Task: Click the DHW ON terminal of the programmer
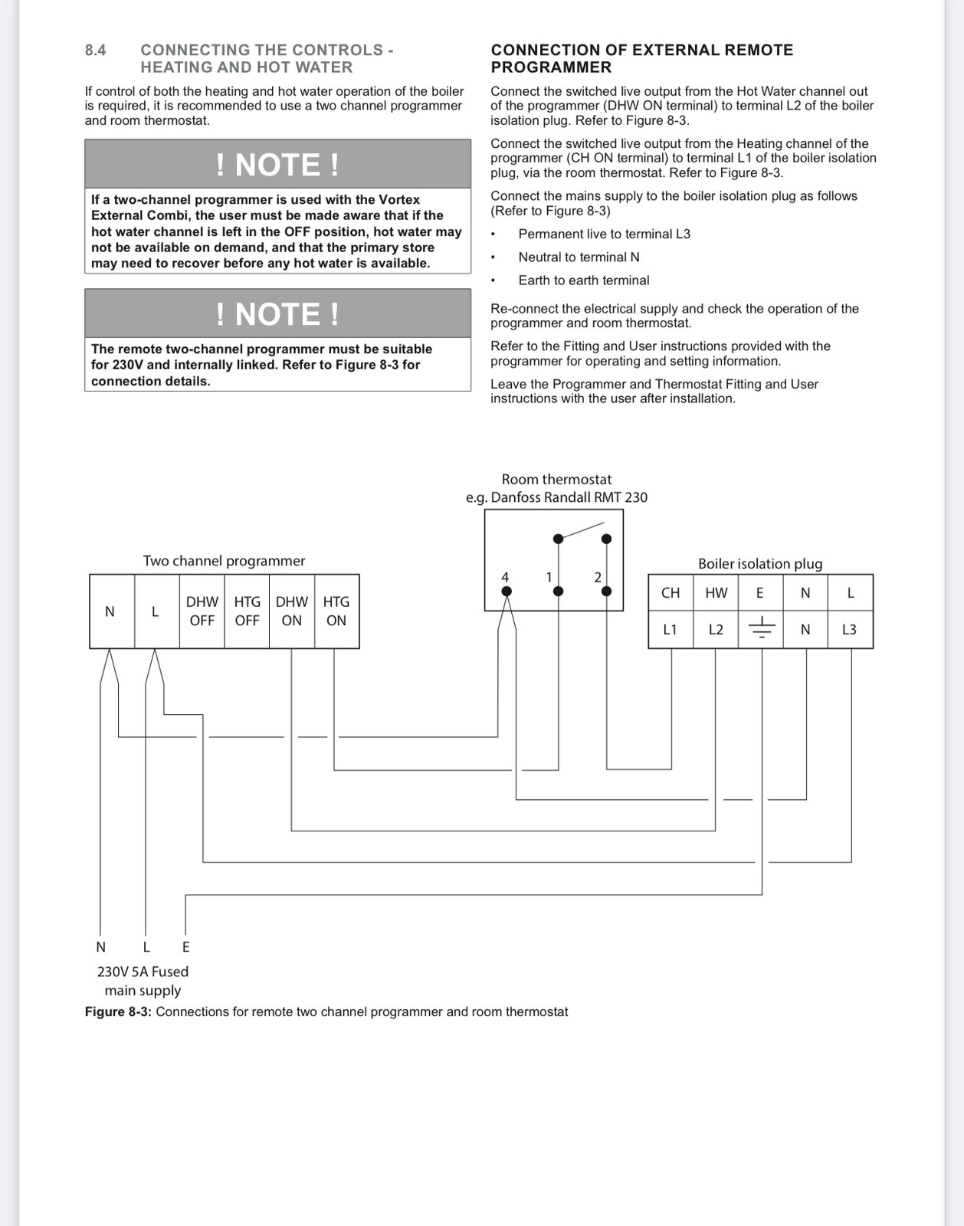(292, 611)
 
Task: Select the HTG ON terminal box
(336, 611)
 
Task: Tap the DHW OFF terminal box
(202, 611)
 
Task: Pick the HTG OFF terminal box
(247, 611)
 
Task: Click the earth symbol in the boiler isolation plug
(761, 630)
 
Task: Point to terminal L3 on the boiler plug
(849, 630)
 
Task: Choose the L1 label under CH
(671, 630)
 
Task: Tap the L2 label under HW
(716, 630)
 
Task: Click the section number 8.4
(96, 51)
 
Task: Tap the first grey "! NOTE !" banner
(277, 164)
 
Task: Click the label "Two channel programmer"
(224, 561)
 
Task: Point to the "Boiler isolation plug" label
(760, 564)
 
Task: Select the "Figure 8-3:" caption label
(118, 1012)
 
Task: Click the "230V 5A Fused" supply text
(143, 972)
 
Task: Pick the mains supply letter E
(185, 947)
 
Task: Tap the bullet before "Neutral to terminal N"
(494, 257)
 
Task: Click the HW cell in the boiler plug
(716, 592)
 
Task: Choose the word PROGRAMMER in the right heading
(551, 67)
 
